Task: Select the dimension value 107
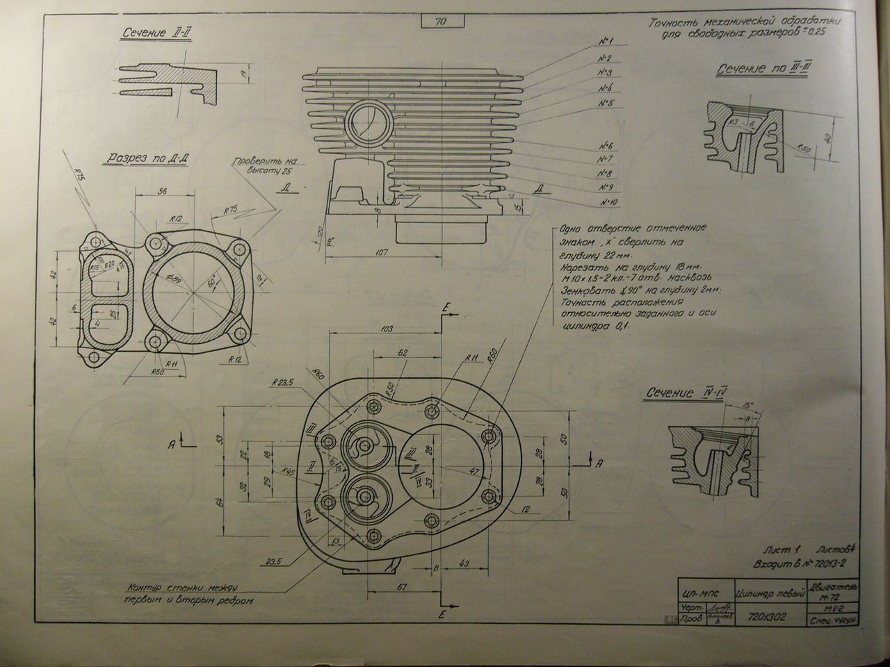[x=380, y=252]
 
